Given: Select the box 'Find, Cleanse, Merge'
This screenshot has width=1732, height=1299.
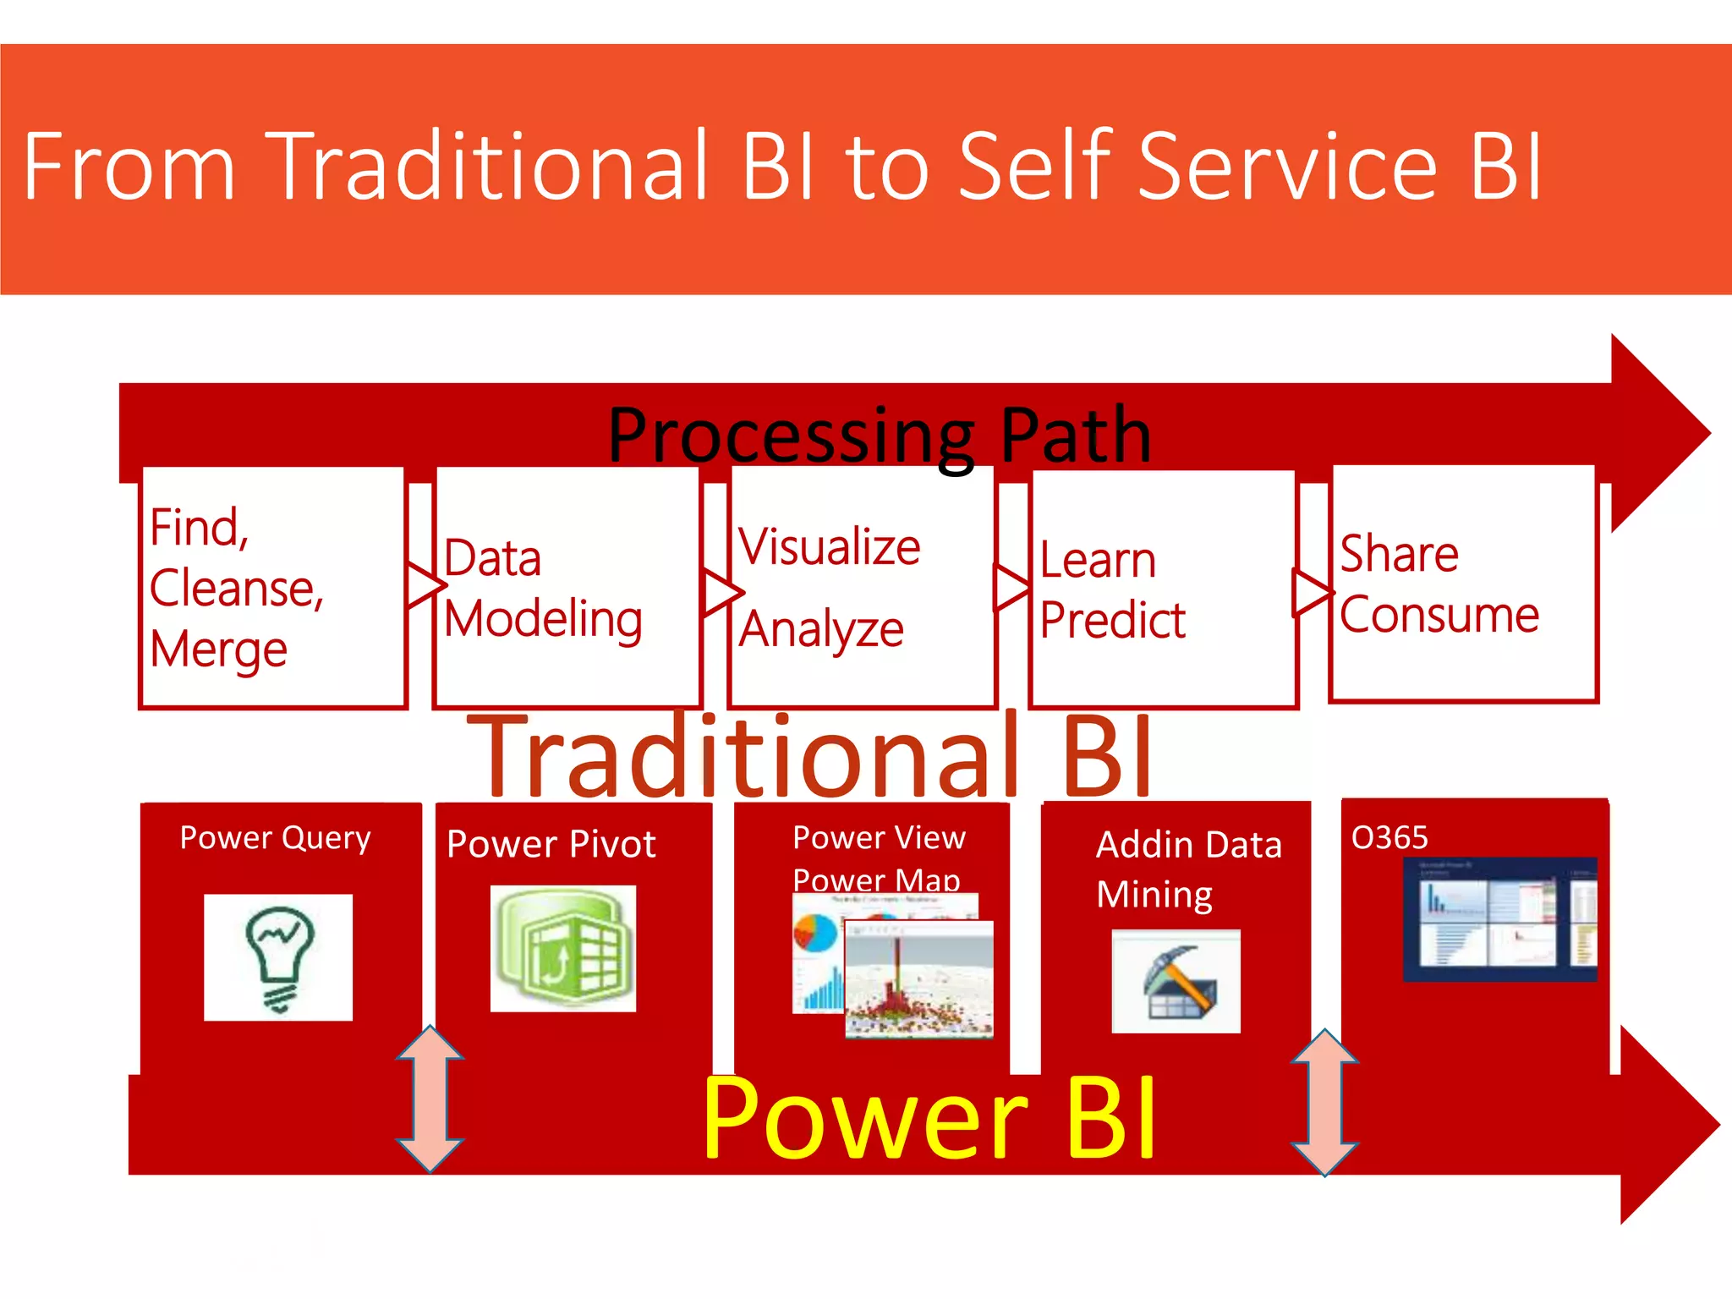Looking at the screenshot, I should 272,588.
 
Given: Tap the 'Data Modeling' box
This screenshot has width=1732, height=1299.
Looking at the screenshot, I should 567,588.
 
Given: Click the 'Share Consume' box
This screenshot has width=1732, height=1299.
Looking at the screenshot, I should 1463,584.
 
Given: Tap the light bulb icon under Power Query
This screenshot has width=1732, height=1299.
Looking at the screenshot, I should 278,957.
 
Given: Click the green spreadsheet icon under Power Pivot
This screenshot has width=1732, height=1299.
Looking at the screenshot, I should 563,948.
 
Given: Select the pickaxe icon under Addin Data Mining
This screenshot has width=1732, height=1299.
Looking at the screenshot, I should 1176,981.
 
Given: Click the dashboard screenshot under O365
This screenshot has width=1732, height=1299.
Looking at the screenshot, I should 1499,919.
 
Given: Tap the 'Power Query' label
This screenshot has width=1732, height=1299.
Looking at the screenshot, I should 276,838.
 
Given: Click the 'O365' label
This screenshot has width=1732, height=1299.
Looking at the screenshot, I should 1389,838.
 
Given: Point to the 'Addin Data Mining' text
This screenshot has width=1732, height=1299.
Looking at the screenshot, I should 1187,869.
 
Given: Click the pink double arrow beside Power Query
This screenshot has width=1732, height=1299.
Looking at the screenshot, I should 430,1099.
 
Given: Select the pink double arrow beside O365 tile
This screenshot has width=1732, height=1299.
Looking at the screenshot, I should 1324,1102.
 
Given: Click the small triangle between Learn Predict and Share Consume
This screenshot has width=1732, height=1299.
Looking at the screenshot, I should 1312,591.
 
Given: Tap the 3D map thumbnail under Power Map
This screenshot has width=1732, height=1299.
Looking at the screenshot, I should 919,978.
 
